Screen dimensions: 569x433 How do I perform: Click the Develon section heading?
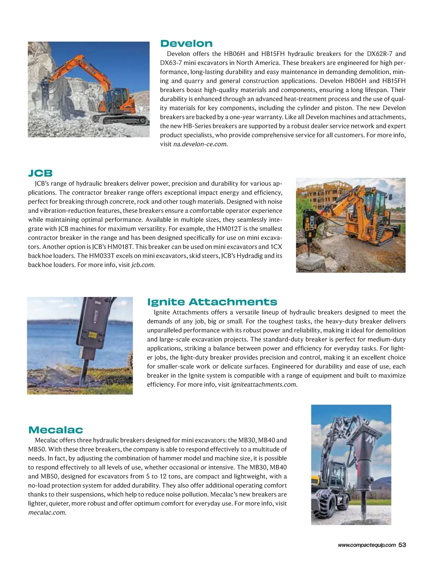pyautogui.click(x=186, y=44)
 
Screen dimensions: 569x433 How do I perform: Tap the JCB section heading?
pyautogui.click(x=40, y=173)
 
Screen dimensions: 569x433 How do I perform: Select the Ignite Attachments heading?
pyautogui.click(x=212, y=302)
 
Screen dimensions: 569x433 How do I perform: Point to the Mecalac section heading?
pyautogui.click(x=56, y=430)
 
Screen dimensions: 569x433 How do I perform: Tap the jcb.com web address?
pyautogui.click(x=143, y=265)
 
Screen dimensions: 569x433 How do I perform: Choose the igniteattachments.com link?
pyautogui.click(x=264, y=384)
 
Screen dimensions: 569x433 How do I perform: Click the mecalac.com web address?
pyautogui.click(x=47, y=513)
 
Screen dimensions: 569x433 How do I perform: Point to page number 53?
pyautogui.click(x=403, y=545)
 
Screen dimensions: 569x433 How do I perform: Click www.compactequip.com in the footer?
pyautogui.click(x=367, y=545)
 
